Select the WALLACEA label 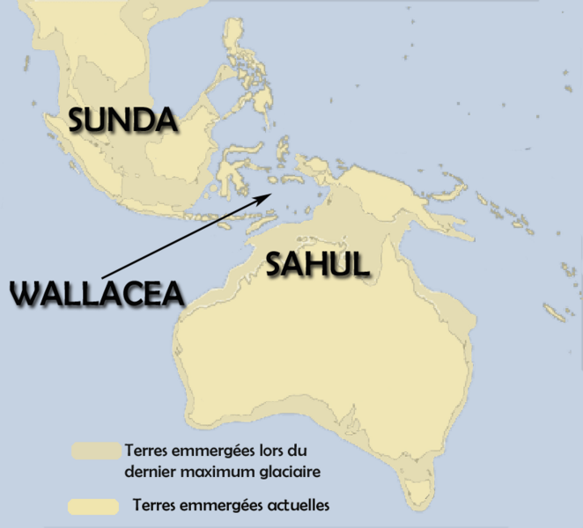[97, 293]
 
